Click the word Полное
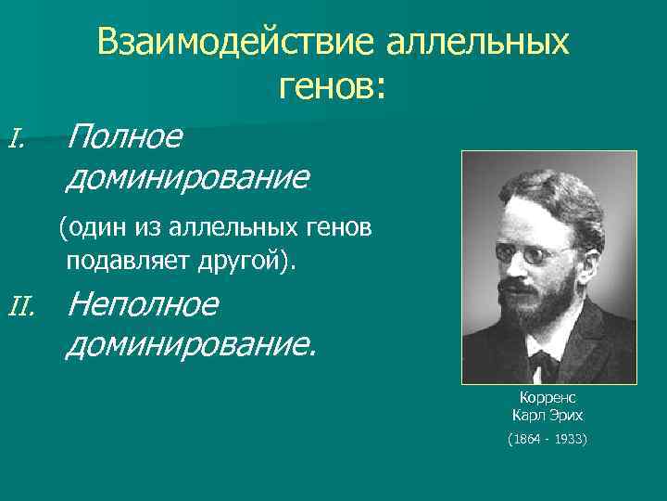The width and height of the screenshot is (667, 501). coord(125,138)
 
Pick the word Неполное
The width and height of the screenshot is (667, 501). coord(144,303)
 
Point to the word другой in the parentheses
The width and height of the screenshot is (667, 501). coord(241,261)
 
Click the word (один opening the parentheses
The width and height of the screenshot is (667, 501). coord(88,226)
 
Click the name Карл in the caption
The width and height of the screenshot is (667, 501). coord(528,415)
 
